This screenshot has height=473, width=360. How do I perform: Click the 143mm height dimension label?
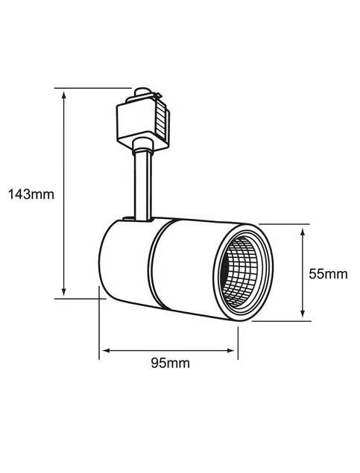pos(31,194)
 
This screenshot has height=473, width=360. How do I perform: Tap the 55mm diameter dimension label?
pos(328,274)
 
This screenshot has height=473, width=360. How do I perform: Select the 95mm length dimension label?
pos(171,364)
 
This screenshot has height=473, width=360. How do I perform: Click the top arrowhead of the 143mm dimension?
pos(63,95)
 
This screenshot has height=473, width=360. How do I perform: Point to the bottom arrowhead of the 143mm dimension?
pos(63,291)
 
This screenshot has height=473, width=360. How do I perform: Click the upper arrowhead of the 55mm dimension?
pos(303,232)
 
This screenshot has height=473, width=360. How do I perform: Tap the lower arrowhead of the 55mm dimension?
pos(303,313)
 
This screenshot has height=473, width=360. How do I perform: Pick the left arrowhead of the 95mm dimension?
pos(107,351)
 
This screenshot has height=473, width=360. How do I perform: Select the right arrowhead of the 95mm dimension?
pos(230,351)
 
